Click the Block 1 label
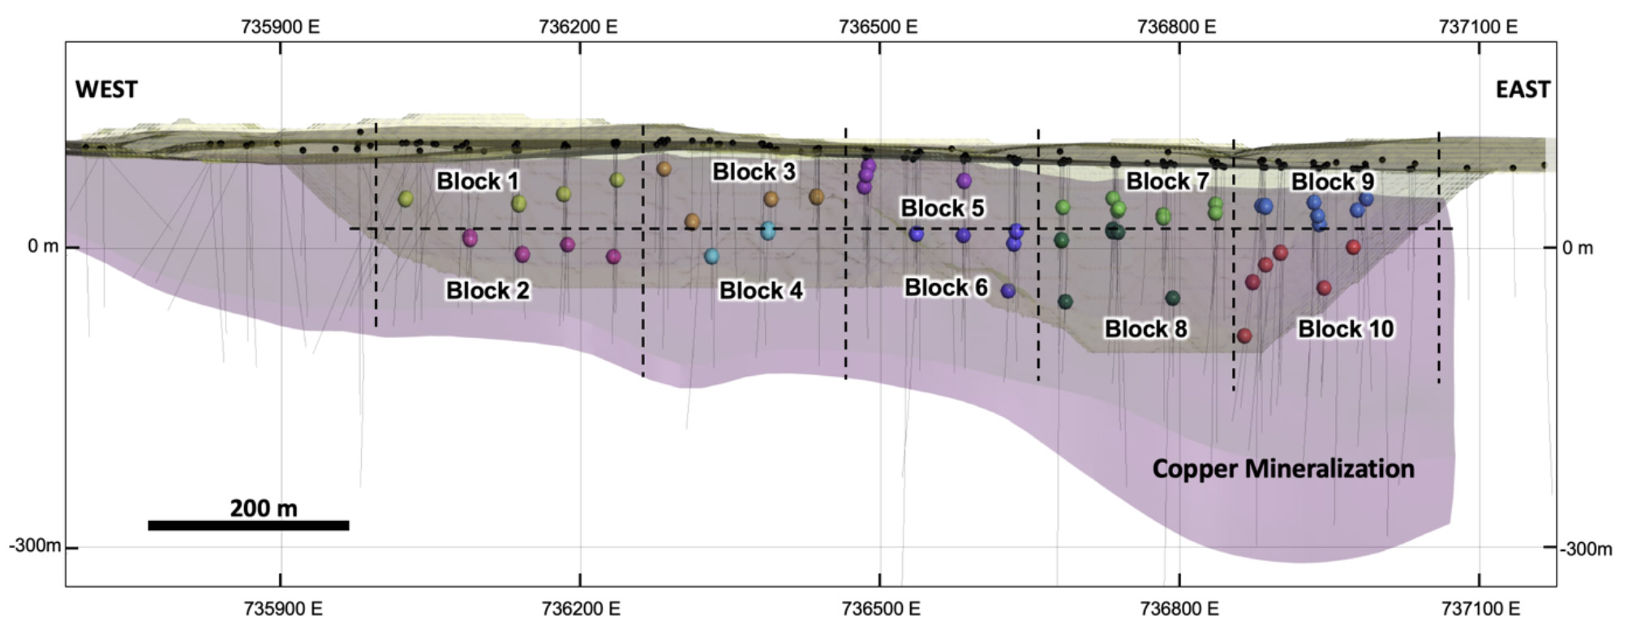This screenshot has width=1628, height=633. (477, 181)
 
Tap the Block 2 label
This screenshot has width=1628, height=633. (488, 290)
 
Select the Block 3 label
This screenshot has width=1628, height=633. (754, 172)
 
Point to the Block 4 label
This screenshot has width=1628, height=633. (761, 290)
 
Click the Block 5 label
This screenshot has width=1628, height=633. (942, 208)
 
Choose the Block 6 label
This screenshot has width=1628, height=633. (946, 287)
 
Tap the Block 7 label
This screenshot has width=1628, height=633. (1167, 182)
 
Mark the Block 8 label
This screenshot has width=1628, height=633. (1145, 329)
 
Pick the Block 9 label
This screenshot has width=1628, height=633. (1332, 182)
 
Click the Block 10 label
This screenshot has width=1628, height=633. (1346, 329)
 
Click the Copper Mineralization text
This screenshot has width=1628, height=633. (1283, 468)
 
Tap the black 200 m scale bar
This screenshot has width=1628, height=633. (248, 526)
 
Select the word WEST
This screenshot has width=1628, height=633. (106, 89)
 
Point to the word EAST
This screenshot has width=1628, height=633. (1523, 89)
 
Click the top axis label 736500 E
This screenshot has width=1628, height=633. (879, 27)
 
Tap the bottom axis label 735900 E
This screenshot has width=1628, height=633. (281, 608)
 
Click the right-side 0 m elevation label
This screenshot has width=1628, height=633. (1577, 248)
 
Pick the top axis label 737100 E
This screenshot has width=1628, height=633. (1478, 27)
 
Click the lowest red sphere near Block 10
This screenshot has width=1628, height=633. (1244, 336)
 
